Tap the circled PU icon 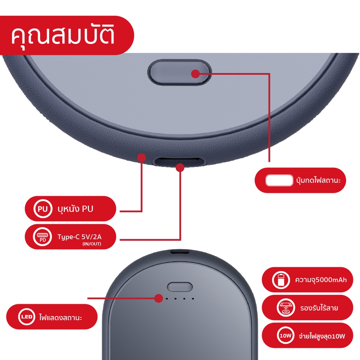43,209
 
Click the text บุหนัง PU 75,209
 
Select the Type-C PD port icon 42,237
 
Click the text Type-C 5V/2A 79,237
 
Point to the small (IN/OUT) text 92,244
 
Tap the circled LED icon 27,317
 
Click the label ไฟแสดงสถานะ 60,318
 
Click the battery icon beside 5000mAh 281,279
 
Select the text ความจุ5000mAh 321,280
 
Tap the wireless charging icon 286,308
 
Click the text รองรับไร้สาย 319,308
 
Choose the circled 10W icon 285,336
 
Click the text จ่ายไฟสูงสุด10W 322,336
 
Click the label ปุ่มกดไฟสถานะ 318,180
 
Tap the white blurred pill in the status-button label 279,180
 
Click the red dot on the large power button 195,74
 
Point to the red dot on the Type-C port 180,168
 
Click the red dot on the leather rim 142,157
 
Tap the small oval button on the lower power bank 180,287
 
